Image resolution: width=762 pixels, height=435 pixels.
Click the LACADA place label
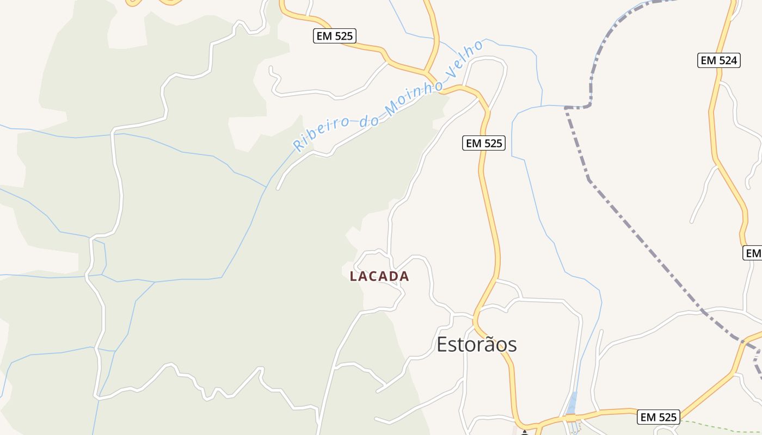point(379,276)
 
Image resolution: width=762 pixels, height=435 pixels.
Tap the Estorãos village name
point(476,344)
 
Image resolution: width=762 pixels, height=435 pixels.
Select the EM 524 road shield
point(719,60)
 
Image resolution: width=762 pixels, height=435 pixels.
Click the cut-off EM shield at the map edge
point(753,253)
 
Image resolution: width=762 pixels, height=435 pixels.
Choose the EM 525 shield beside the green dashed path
point(659,417)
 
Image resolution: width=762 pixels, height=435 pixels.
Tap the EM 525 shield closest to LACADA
point(484,143)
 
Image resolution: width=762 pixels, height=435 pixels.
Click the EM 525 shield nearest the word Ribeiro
point(335,36)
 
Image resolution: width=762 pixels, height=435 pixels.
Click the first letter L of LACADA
point(353,276)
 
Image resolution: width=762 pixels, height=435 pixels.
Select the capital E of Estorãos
point(443,344)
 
